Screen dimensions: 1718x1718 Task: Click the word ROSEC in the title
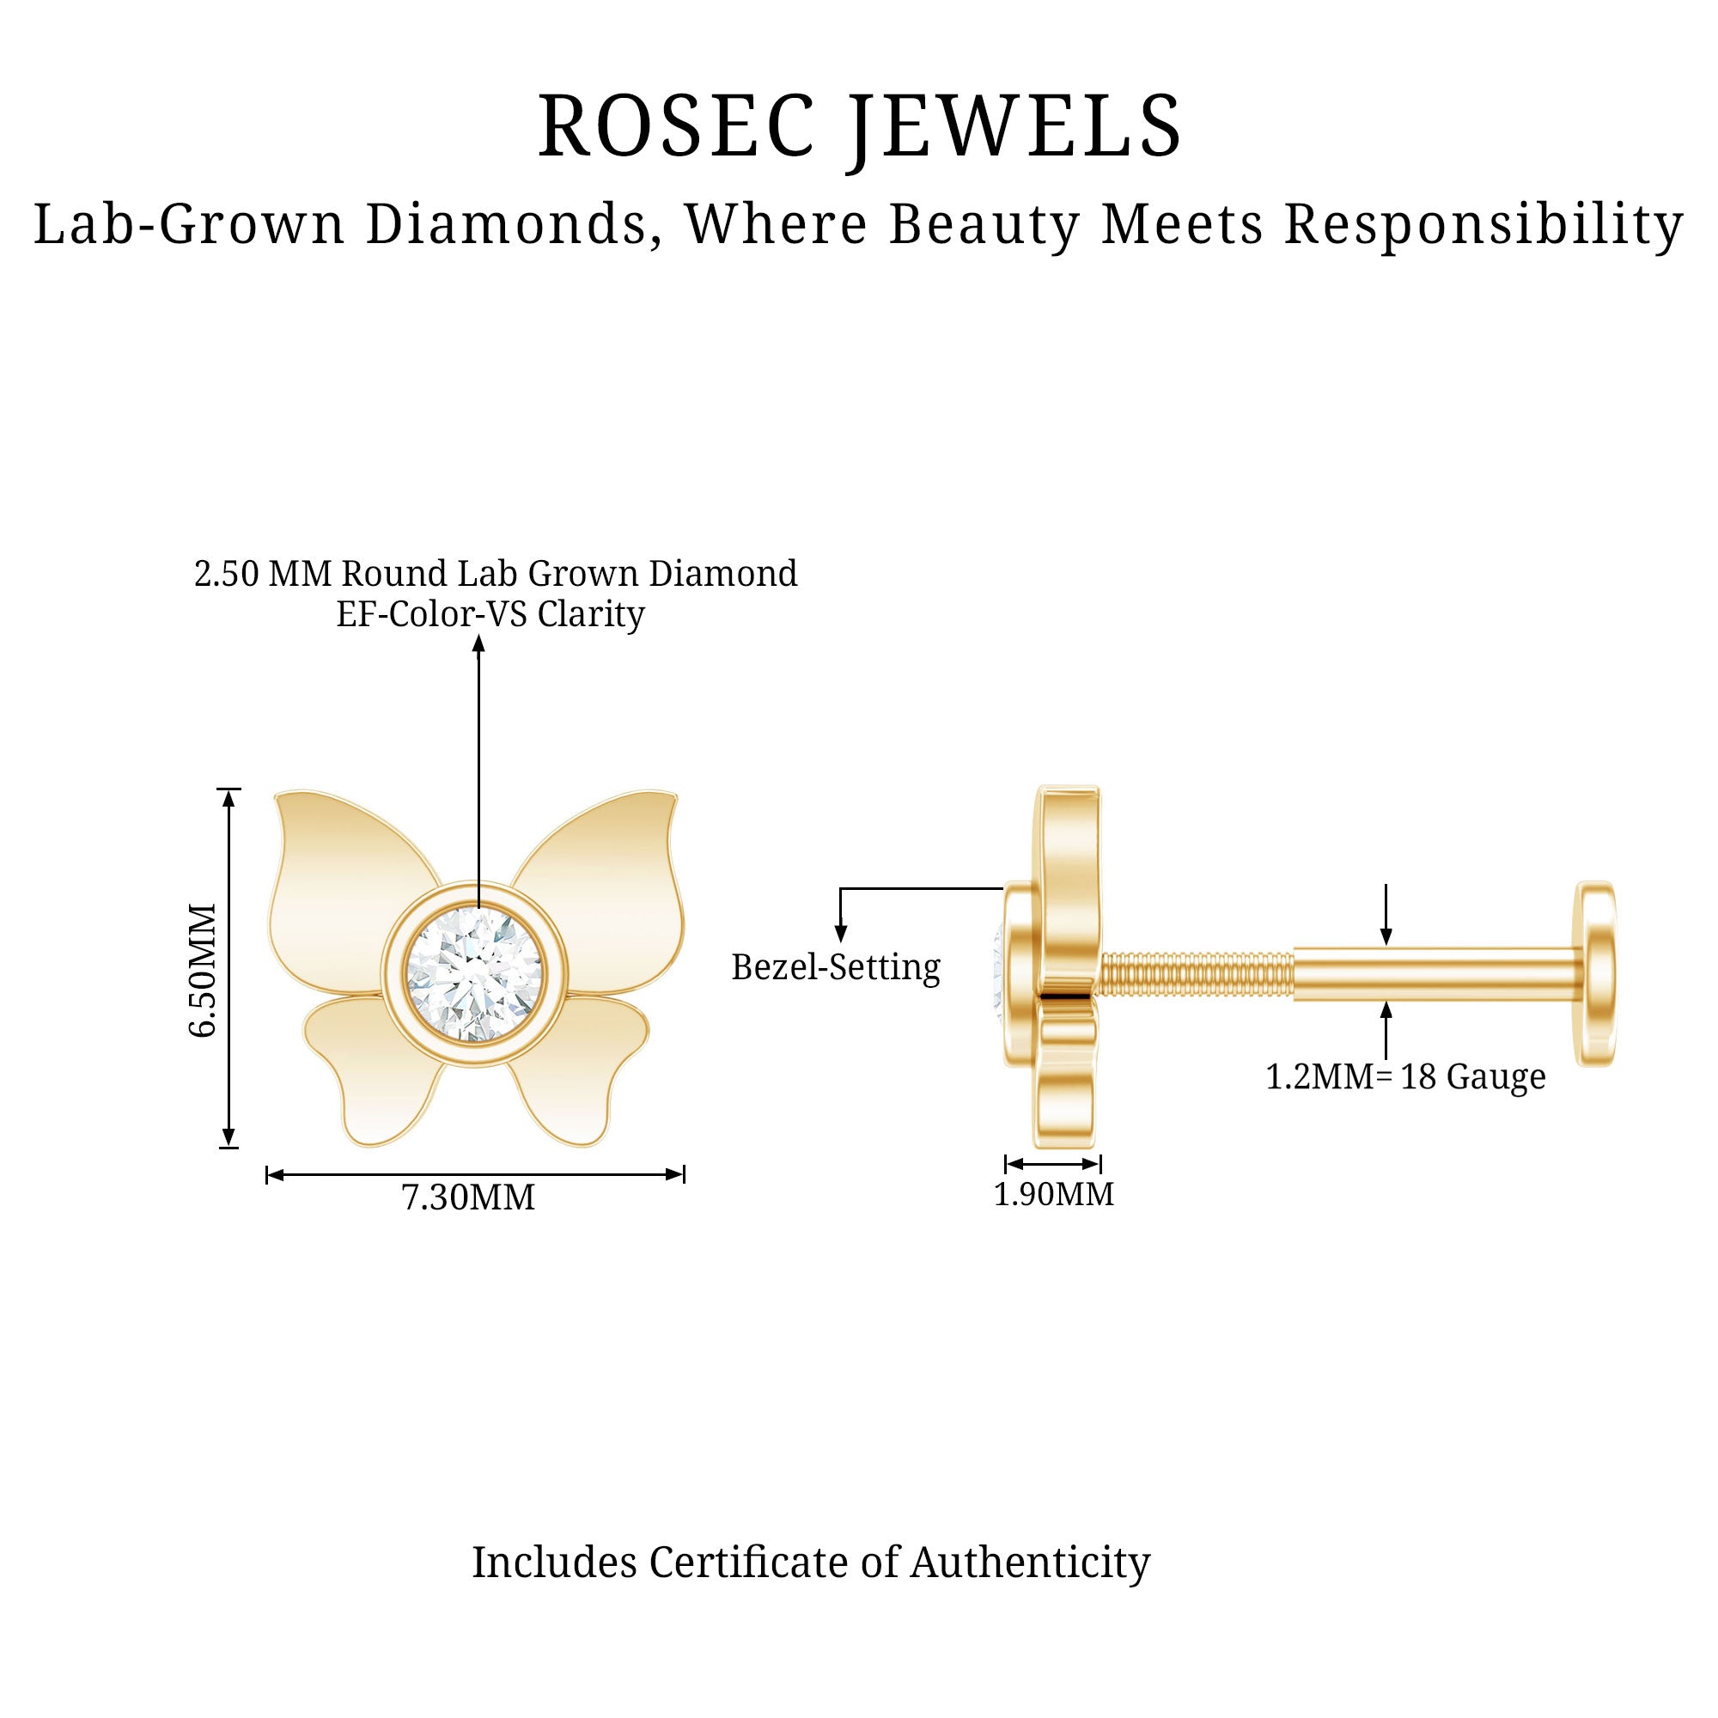[x=676, y=127]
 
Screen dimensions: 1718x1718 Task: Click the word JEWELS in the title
[x=1014, y=127]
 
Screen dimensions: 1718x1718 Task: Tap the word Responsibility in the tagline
[x=1483, y=224]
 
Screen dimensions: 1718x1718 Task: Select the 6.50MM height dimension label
[x=204, y=970]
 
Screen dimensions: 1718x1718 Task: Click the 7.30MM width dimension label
[x=469, y=1197]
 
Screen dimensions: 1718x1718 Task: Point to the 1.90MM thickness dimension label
[x=1054, y=1194]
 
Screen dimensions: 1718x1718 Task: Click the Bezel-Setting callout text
[x=835, y=967]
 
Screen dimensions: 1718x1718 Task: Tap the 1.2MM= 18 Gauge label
[x=1405, y=1077]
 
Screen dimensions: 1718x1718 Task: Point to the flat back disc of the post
[x=1595, y=973]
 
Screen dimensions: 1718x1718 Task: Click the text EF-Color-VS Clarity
[x=490, y=614]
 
